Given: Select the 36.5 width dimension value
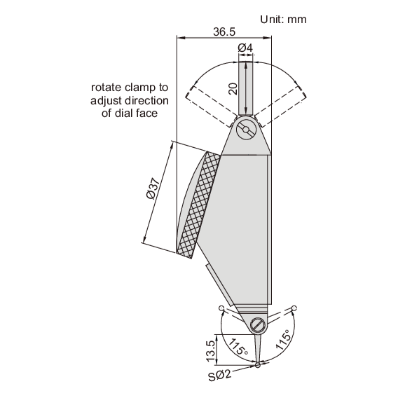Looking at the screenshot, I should (222, 32).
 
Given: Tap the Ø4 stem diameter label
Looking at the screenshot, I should (245, 47).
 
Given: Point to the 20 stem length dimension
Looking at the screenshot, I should (233, 88).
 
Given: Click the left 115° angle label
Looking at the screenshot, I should (236, 345).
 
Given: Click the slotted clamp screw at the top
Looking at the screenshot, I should (246, 130).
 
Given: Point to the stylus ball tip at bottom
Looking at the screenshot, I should (259, 364).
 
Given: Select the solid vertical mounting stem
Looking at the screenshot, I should (246, 88).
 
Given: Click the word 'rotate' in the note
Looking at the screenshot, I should (104, 88).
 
